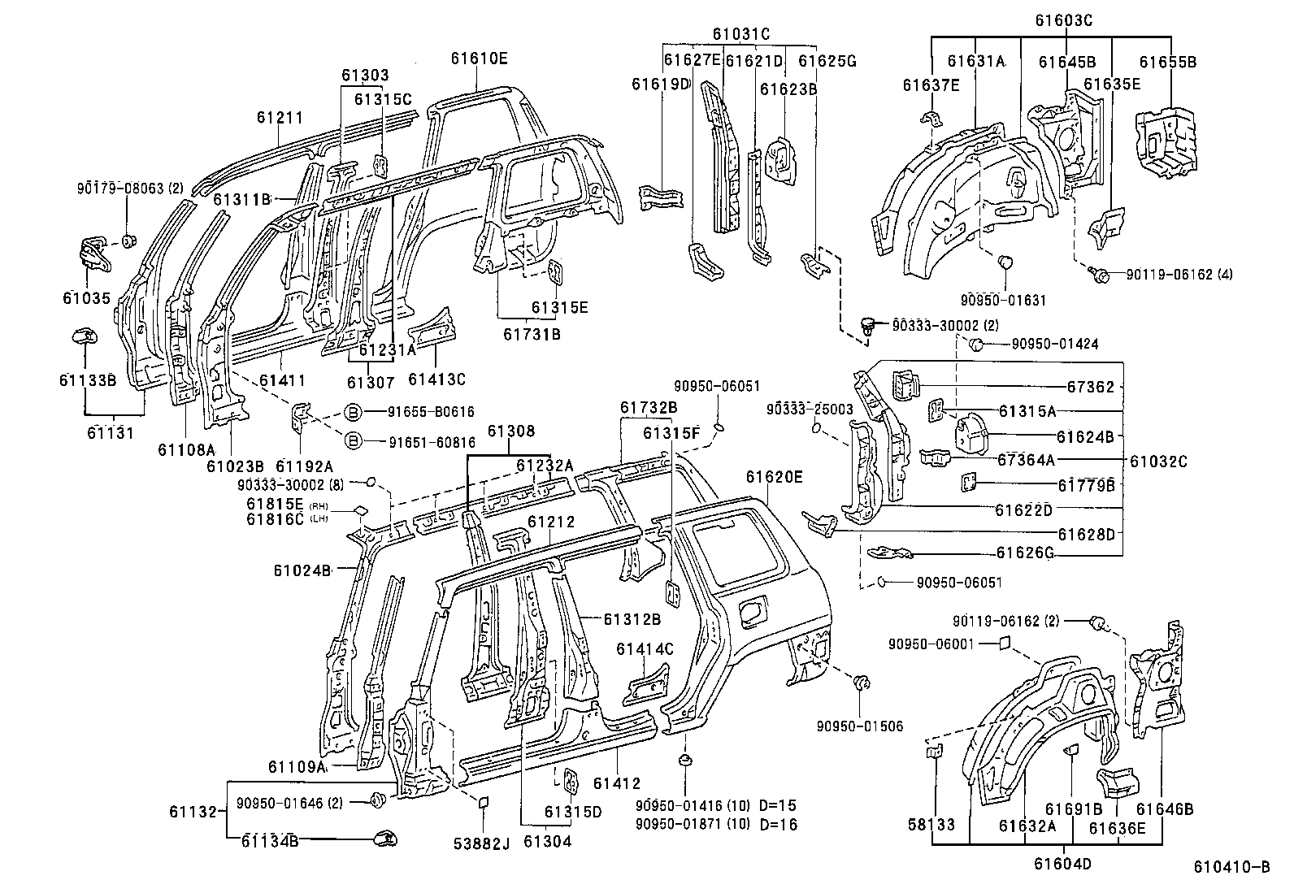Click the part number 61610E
(480, 59)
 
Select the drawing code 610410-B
(1231, 867)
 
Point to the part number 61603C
(1063, 21)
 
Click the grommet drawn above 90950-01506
(862, 683)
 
